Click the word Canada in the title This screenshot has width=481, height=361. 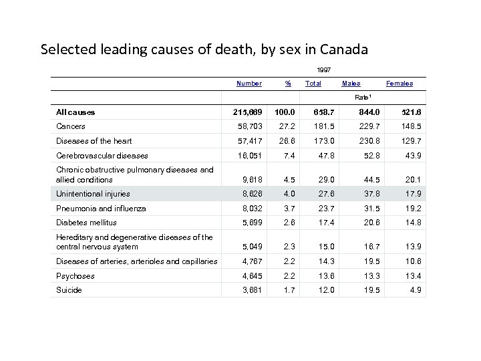[341, 49]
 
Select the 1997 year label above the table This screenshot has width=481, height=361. [324, 69]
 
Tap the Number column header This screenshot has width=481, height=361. [249, 84]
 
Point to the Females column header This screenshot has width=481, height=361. [399, 84]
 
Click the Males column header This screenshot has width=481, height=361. [351, 84]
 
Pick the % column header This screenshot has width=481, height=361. [288, 84]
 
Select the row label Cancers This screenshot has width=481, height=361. [71, 126]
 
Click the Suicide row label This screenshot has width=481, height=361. [69, 291]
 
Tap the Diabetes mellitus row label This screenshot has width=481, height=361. [86, 223]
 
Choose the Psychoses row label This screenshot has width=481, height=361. [75, 276]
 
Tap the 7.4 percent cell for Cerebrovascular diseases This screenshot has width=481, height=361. [288, 156]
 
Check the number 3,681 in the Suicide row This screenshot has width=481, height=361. [251, 291]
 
